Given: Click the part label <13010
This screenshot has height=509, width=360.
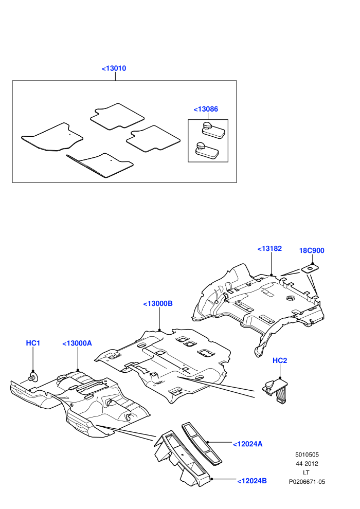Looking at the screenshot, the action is point(114,68).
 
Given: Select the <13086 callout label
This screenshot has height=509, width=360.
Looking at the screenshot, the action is point(206,109).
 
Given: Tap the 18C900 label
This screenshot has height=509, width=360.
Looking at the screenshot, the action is point(312,250).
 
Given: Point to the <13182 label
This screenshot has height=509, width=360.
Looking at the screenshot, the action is point(270,248).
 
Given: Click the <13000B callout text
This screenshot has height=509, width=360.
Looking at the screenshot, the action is point(158,303).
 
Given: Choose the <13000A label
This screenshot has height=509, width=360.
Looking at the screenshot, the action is point(77,343).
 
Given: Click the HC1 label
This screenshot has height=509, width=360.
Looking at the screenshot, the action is point(33,343).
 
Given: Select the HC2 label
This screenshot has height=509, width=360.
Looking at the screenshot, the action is point(280,360).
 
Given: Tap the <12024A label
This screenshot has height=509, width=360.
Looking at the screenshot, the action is point(248,444).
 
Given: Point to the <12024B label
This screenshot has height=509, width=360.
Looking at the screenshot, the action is point(252,481).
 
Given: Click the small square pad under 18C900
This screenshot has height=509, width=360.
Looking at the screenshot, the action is point(310,268).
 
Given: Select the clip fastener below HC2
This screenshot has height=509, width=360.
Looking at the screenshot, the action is point(275,391).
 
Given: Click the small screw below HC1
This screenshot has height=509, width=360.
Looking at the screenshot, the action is point(32,377).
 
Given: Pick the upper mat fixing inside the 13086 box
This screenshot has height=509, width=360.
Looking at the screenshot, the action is point(213,130).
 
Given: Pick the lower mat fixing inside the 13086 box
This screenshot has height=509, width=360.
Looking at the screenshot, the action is point(206,151).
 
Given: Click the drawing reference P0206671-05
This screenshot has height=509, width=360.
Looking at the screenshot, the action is point(307,482).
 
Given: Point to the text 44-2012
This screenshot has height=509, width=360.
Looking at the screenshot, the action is point(307,464).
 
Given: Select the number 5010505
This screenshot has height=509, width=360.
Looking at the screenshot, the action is point(307,455).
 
